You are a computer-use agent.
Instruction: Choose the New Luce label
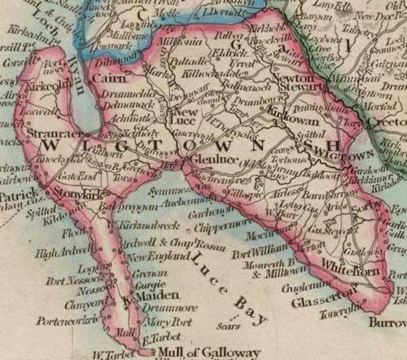pyautogui.click(x=195, y=115)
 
